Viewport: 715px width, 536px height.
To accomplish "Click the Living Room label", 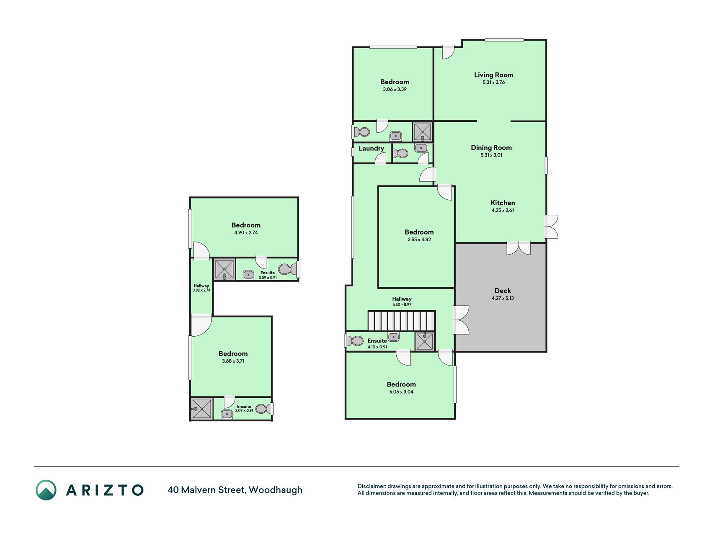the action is click(x=493, y=75).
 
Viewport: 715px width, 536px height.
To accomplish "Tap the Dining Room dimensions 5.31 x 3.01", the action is click(x=491, y=155).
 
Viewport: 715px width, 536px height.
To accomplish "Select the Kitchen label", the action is click(x=503, y=203).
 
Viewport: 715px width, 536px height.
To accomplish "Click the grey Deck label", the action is click(x=503, y=291).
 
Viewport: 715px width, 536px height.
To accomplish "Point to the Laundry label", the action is click(x=371, y=149).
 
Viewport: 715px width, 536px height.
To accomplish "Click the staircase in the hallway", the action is click(x=402, y=321).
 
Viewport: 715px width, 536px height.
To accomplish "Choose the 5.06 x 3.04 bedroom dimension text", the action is click(x=401, y=392).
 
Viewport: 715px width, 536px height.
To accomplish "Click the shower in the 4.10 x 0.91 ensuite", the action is click(x=425, y=341).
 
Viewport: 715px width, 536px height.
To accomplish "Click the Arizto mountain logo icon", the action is click(x=46, y=490).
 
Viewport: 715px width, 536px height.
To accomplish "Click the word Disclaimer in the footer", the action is click(x=372, y=486).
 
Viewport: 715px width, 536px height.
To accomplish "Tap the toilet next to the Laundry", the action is click(x=401, y=153).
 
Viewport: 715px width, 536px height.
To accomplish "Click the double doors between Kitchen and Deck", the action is click(x=519, y=248).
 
